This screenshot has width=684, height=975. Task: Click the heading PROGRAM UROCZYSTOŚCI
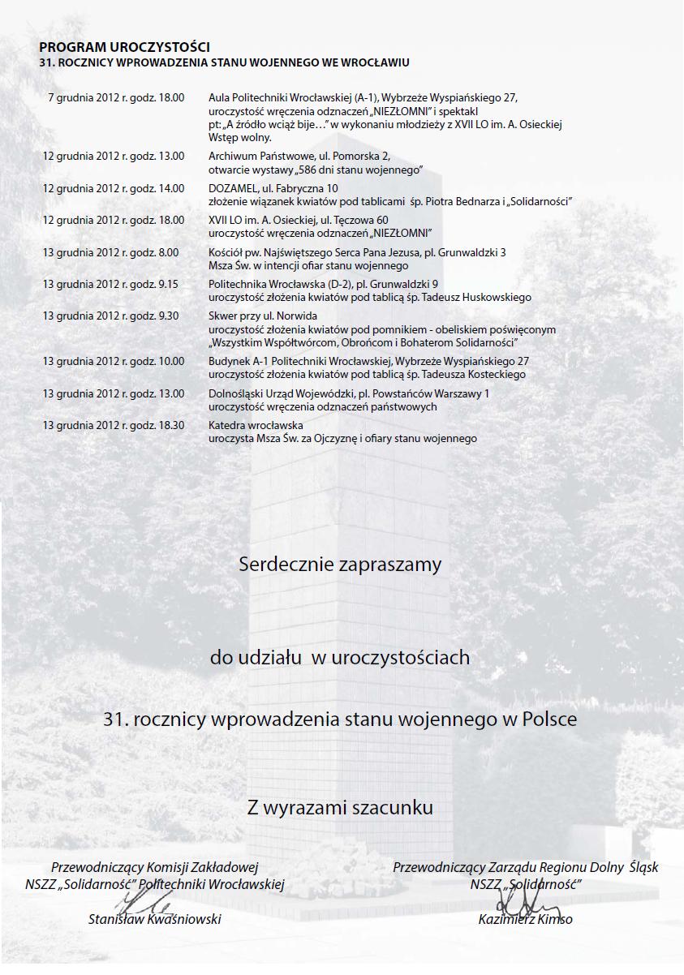tap(124, 48)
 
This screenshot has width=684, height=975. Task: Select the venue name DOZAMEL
tap(232, 188)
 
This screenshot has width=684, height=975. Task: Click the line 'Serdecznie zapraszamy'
tap(340, 565)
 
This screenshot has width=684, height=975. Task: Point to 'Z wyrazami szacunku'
tap(340, 808)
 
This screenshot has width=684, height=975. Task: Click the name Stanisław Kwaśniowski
tap(154, 919)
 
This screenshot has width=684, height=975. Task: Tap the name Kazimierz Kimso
tap(525, 919)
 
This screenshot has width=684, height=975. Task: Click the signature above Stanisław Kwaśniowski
tap(146, 902)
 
